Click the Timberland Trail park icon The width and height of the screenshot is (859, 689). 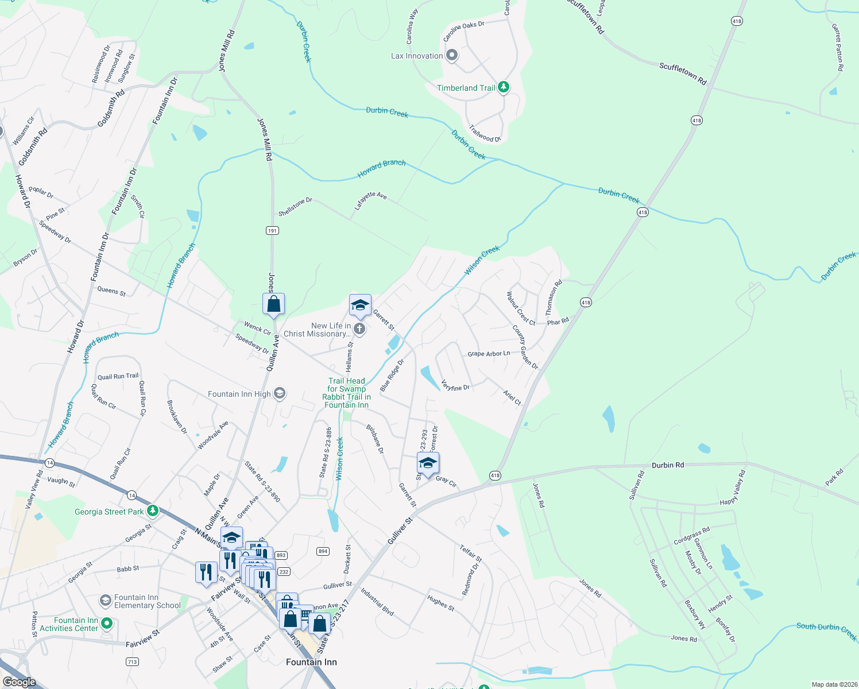504,87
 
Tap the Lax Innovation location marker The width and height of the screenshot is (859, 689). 452,56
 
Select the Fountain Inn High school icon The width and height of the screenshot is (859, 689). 280,393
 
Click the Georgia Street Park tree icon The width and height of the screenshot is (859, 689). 152,510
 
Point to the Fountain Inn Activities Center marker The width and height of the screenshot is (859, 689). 106,624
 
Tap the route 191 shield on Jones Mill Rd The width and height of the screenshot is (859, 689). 272,230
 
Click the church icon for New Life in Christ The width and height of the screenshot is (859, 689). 359,329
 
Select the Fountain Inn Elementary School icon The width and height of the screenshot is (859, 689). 105,601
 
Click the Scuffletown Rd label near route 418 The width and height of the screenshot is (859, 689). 682,74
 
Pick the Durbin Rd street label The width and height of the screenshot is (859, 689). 668,465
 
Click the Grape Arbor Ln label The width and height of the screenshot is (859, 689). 489,354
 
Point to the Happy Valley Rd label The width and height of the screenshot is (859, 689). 733,488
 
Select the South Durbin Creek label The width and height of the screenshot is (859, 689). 826,631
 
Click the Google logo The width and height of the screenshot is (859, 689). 19,682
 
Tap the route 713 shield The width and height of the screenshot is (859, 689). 132,661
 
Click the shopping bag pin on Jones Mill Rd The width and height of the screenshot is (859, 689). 274,303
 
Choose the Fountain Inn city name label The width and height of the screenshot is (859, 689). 311,662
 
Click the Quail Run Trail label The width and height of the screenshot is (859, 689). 118,377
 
